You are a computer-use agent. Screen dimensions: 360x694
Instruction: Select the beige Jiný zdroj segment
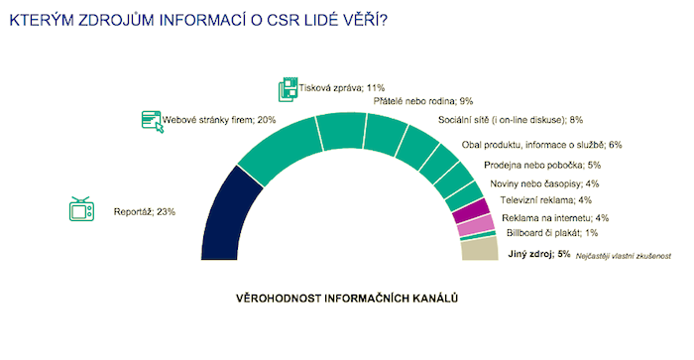(x=480, y=248)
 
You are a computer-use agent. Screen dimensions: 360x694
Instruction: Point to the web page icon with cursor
(x=153, y=122)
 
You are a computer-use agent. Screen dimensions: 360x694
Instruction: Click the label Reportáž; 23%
(x=144, y=211)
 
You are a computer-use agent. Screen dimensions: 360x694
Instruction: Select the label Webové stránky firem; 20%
(x=219, y=121)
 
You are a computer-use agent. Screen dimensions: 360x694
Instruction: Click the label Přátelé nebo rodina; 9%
(x=422, y=101)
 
